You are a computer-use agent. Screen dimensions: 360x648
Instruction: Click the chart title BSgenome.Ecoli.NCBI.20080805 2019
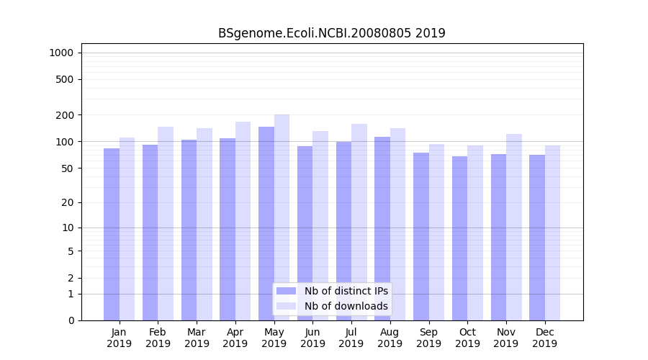[332, 33]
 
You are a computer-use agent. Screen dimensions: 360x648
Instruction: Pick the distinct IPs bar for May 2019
[266, 223]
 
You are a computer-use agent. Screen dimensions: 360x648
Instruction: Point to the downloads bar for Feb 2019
[166, 223]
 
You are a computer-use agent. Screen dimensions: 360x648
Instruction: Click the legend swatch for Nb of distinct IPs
[286, 291]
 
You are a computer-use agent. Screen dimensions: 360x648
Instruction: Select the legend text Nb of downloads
[346, 306]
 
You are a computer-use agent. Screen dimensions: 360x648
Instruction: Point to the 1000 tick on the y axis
[61, 53]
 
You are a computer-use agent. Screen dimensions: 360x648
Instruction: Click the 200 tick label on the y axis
[64, 115]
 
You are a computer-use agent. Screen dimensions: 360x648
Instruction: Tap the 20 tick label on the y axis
[67, 202]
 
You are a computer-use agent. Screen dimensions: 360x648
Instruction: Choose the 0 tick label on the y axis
[70, 320]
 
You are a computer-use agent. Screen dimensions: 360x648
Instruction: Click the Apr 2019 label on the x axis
[235, 338]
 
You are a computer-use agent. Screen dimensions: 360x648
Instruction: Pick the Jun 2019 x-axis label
[312, 338]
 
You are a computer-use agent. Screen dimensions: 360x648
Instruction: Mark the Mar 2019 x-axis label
[197, 338]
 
